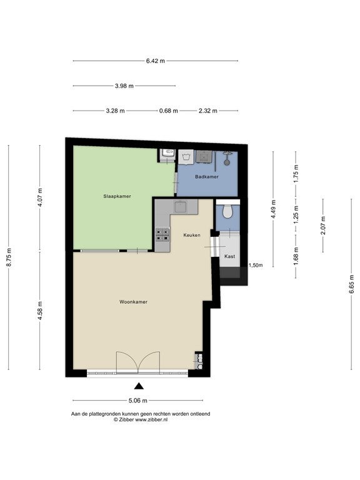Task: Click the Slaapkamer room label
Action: (x=117, y=196)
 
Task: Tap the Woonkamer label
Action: (x=134, y=302)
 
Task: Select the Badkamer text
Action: (x=207, y=177)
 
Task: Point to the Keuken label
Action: (x=192, y=235)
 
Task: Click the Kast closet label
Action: (x=229, y=256)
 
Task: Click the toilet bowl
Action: (x=227, y=211)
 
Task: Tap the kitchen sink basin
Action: (x=181, y=207)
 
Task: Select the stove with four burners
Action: (x=162, y=235)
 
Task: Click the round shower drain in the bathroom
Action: (x=227, y=163)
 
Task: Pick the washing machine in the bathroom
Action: (x=186, y=157)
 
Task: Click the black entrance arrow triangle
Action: (x=139, y=386)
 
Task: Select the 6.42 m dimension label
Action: (x=156, y=61)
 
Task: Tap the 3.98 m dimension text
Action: (x=124, y=86)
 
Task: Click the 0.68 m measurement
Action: (x=168, y=111)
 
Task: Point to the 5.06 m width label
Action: (x=137, y=401)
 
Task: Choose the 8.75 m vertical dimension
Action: (x=9, y=257)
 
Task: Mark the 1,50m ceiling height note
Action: (x=256, y=266)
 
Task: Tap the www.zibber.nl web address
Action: (x=151, y=420)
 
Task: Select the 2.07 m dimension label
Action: (x=323, y=225)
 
